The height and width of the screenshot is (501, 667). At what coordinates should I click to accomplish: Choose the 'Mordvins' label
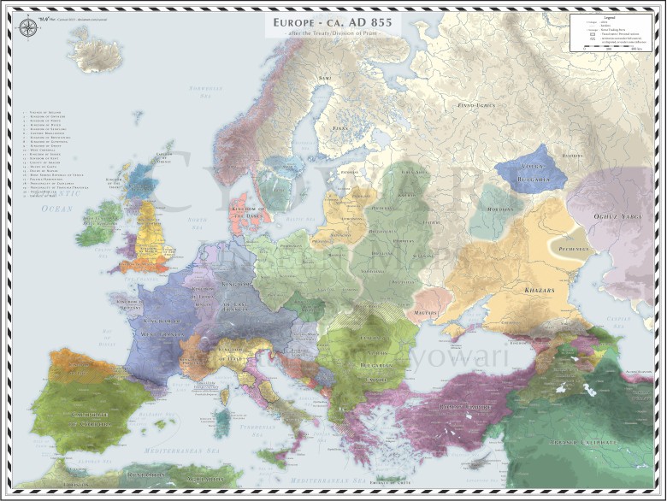pyautogui.click(x=499, y=209)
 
